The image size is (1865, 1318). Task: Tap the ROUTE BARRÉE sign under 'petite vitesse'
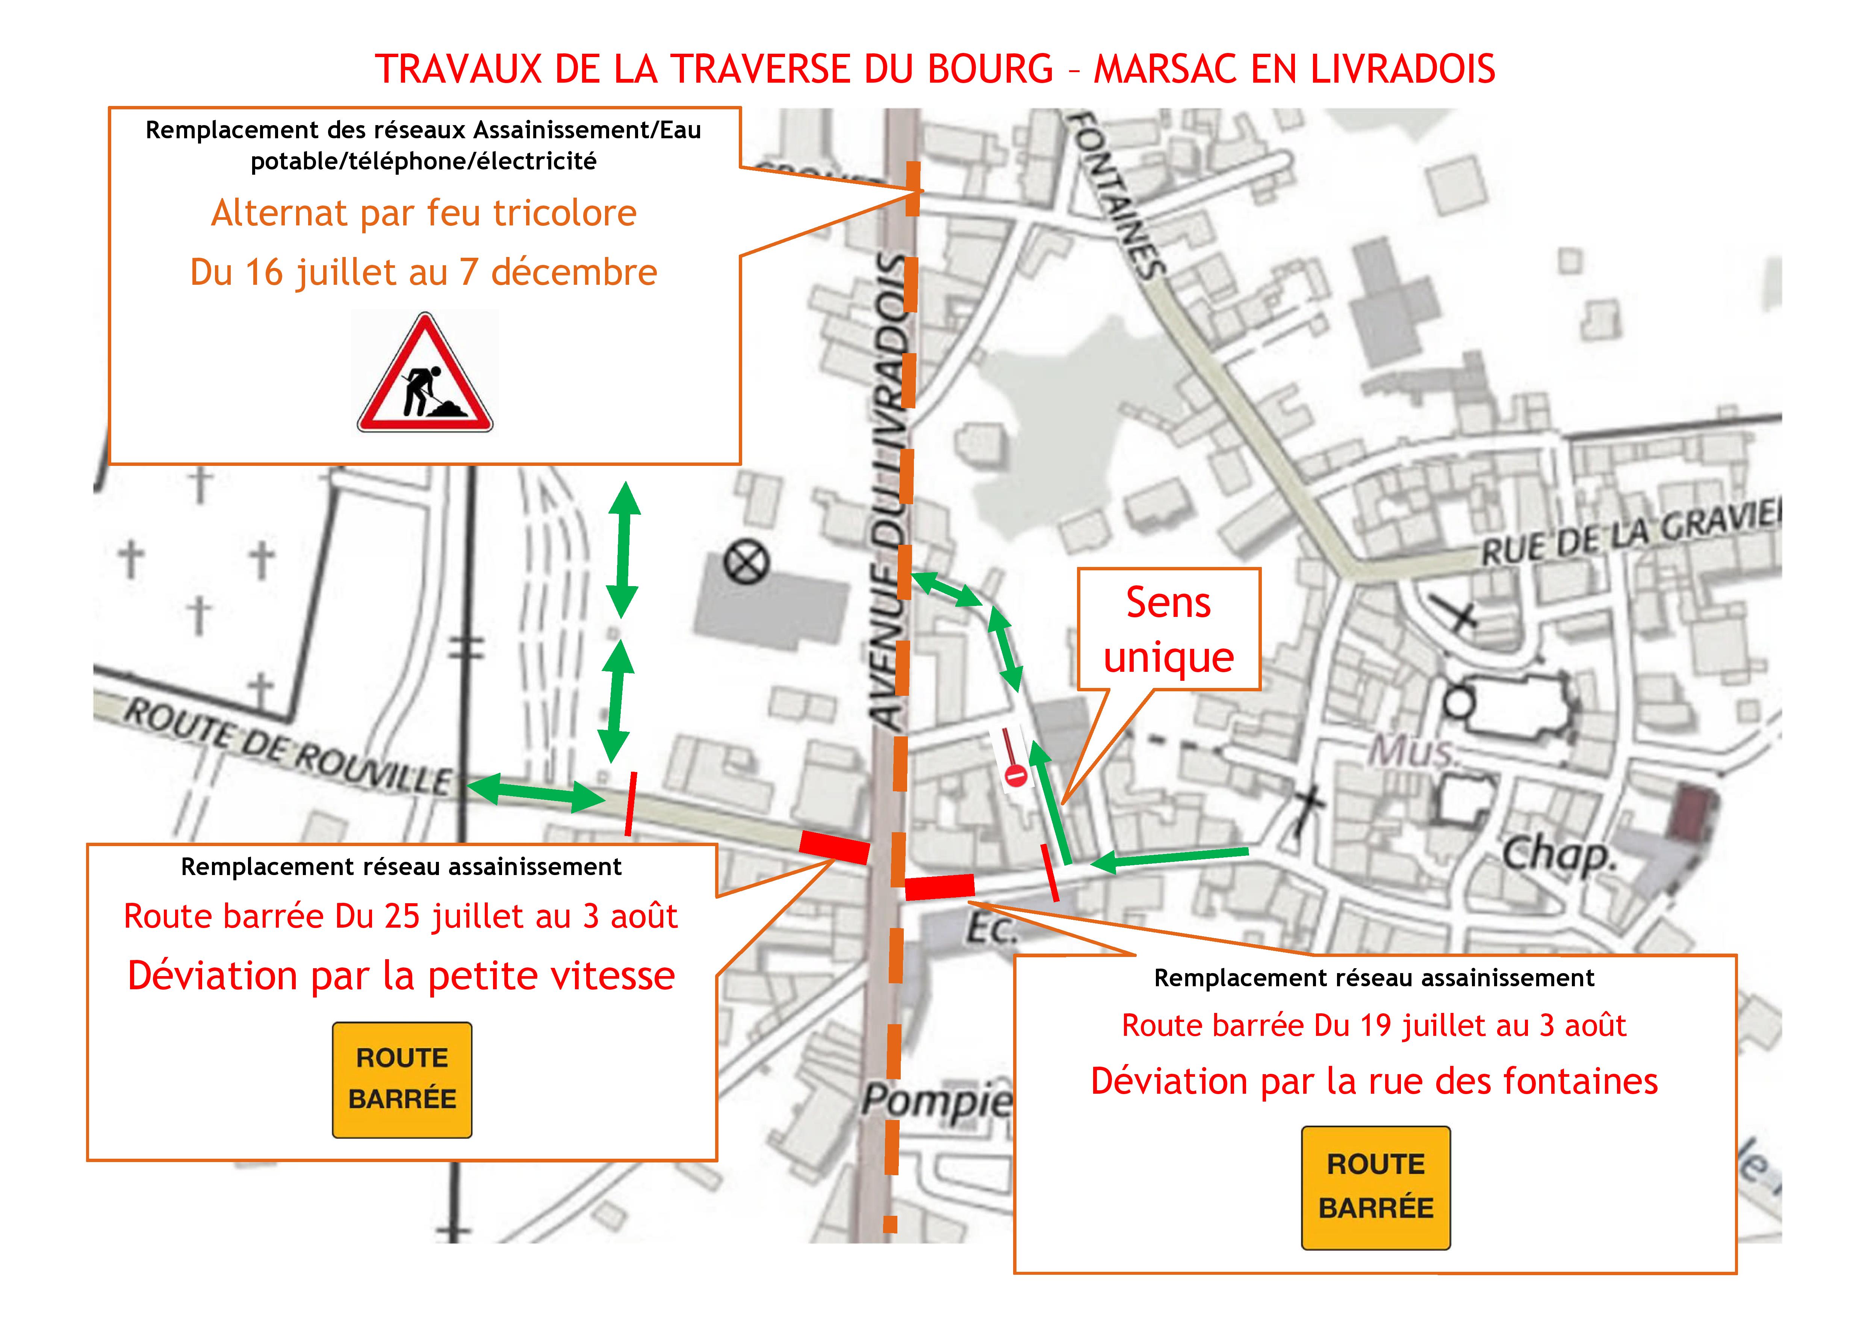point(402,1079)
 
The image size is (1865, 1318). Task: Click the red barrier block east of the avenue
point(939,887)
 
